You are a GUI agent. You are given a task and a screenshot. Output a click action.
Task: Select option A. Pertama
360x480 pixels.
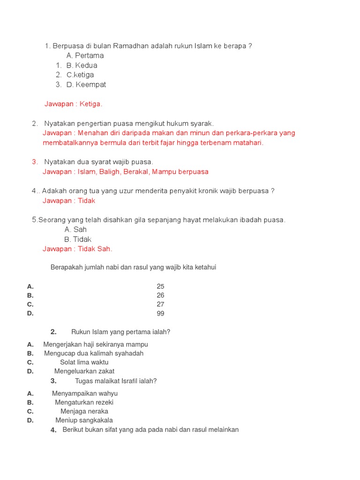point(85,55)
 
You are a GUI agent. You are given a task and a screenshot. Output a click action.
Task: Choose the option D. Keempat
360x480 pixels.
point(86,84)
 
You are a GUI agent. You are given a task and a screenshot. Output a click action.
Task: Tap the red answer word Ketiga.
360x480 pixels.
point(90,104)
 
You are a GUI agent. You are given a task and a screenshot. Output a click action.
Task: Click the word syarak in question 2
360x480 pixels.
point(202,123)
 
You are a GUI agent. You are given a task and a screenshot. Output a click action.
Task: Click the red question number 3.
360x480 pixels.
point(35,162)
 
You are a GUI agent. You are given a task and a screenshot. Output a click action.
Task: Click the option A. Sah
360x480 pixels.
point(75,229)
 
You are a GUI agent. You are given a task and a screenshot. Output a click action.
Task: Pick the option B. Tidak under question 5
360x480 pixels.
point(78,240)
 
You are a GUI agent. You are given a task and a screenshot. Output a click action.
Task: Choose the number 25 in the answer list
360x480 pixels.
point(160,286)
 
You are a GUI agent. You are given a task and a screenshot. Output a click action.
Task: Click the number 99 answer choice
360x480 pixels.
point(160,314)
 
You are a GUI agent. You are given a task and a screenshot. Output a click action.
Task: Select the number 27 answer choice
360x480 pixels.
point(160,304)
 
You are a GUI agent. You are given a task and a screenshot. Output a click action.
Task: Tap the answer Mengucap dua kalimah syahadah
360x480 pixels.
point(94,353)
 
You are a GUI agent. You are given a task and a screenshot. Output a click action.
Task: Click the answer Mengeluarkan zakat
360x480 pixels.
point(84,371)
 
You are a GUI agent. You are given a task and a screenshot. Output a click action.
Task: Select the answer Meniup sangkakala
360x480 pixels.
point(84,420)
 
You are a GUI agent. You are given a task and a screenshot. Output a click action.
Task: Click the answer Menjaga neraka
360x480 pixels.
point(84,412)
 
